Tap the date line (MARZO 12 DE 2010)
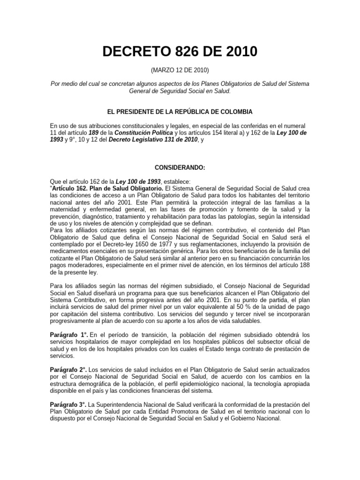(x=180, y=70)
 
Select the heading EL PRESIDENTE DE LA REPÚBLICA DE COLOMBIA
(x=180, y=112)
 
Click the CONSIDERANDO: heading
(x=180, y=167)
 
